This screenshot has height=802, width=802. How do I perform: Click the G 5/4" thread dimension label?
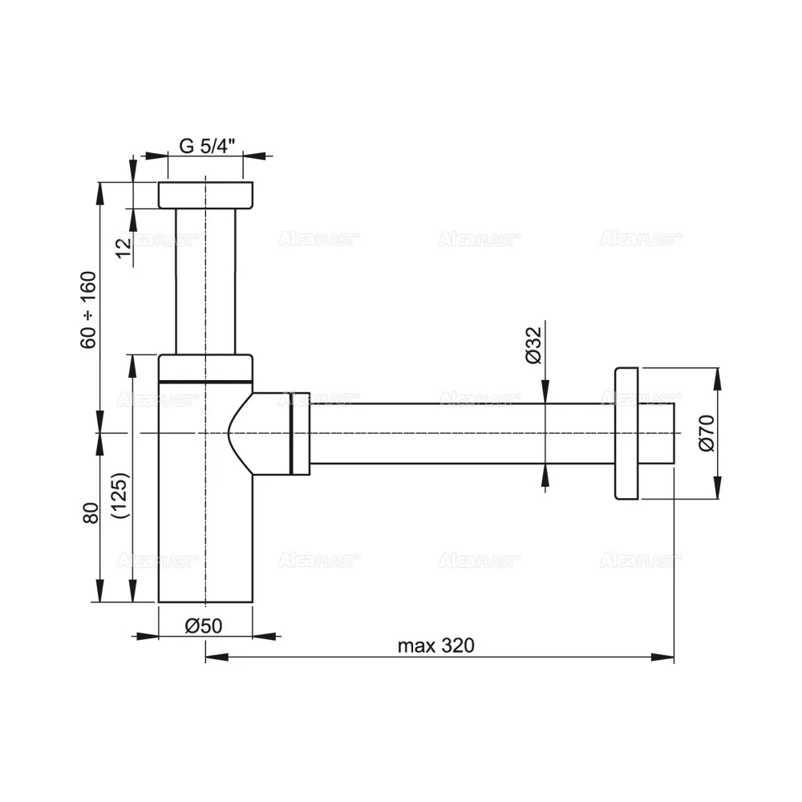tap(205, 146)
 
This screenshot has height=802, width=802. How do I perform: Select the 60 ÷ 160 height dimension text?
tap(88, 310)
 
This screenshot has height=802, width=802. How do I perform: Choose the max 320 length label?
tap(436, 646)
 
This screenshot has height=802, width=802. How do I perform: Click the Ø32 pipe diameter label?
tap(535, 346)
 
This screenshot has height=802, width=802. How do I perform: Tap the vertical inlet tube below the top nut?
tap(206, 281)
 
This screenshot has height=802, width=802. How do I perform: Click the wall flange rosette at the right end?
tap(626, 434)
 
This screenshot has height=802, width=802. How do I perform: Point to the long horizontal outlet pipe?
tap(457, 434)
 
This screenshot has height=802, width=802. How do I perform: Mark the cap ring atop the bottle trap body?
tap(206, 367)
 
